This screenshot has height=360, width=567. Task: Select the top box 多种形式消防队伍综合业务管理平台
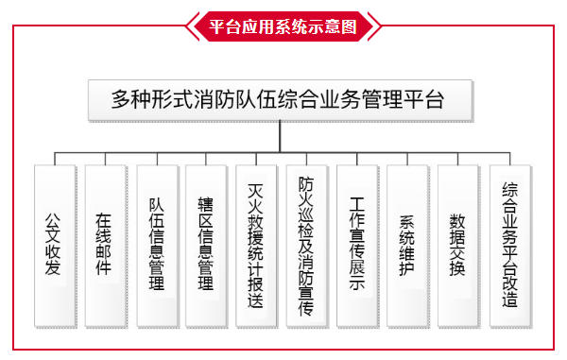(278, 99)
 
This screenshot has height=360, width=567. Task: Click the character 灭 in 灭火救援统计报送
(256, 190)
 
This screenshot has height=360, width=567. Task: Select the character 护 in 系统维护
(408, 269)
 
